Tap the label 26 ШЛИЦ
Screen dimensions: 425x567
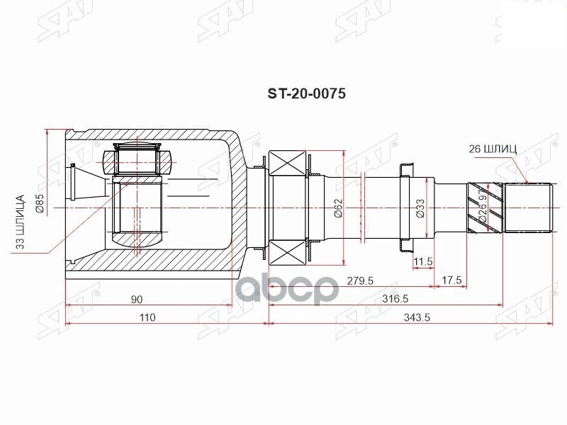493,149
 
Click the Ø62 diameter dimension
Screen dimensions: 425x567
338,208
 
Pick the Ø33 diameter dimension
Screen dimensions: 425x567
420,207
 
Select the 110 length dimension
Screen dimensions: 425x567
147,317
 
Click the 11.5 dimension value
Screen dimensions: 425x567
423,262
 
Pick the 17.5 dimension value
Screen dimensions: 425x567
451,280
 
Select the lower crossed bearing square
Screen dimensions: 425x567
287,250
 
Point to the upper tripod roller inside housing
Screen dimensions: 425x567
137,159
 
